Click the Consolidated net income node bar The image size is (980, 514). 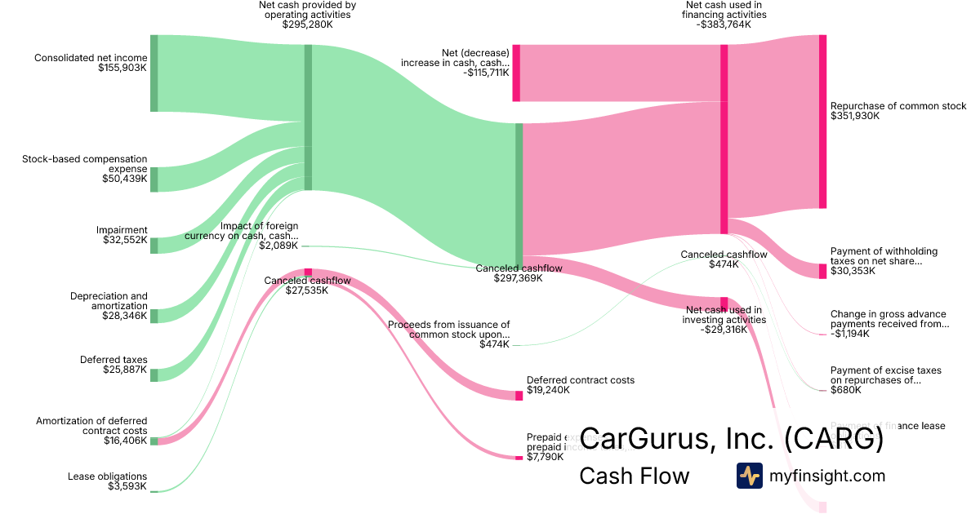pos(154,73)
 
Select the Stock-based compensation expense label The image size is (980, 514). pos(85,163)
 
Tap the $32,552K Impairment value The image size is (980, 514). pos(124,241)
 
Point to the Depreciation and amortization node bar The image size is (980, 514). pos(154,316)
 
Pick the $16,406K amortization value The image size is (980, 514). pos(125,441)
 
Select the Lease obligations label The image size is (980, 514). pos(108,476)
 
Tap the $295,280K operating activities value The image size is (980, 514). pos(307,24)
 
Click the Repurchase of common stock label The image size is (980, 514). pos(898,106)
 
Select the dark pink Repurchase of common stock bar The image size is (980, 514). pos(822,122)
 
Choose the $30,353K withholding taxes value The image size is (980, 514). pos(853,271)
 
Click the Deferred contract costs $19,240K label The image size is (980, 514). pos(581,385)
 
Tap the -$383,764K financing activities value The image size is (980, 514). pos(724,24)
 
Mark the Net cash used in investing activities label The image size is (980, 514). pos(725,315)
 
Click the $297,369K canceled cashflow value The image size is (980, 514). pos(518,278)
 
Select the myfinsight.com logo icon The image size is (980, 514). pos(749,476)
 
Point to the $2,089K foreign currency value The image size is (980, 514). pos(278,246)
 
